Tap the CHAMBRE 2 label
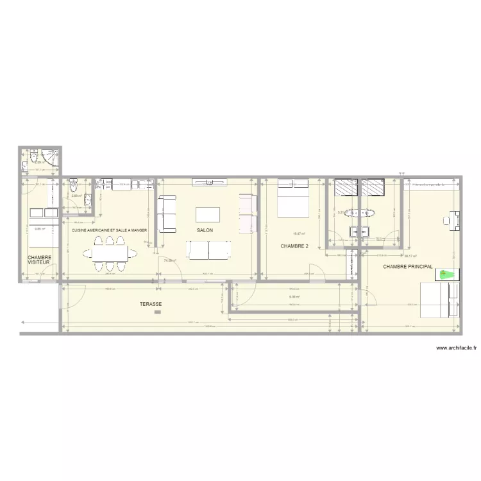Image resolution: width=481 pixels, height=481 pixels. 294,246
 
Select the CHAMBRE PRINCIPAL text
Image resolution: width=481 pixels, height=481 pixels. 408,266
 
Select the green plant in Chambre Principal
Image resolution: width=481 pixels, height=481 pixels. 446,274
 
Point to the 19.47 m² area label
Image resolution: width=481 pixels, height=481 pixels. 298,234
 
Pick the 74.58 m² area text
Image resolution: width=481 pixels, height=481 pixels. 170,261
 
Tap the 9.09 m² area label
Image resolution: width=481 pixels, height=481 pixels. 295,297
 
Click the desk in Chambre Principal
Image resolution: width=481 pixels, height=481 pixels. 455,220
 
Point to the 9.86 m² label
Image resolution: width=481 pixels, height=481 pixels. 38,229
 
